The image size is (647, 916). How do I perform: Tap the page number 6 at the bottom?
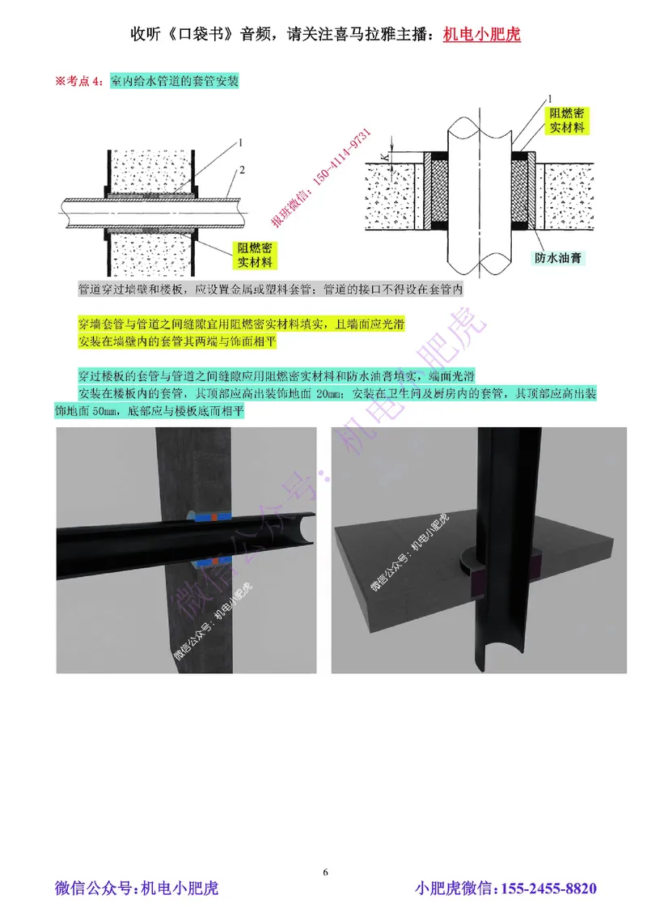coord(325,871)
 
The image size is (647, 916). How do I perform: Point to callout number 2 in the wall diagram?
coord(242,169)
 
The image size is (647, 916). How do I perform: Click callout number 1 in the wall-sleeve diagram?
coord(242,142)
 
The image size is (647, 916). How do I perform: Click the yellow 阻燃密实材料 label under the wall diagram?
coord(254,256)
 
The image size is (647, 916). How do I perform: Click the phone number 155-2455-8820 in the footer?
coord(550,888)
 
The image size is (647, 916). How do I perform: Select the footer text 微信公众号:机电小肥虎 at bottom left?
coord(136,888)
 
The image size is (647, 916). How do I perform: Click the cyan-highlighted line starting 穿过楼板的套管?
coord(275,376)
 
